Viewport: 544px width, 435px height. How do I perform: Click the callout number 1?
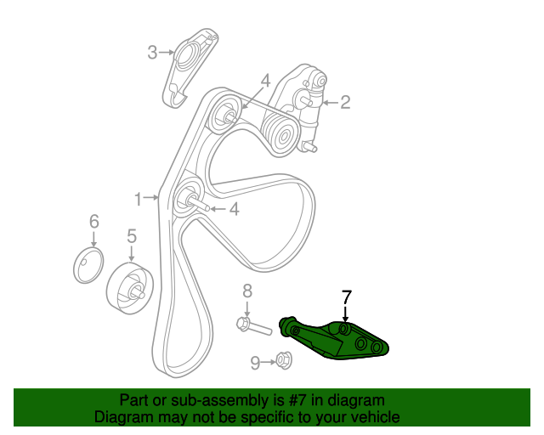(138, 199)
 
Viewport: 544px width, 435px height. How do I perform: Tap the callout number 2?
(344, 104)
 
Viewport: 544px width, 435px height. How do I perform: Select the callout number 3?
(153, 53)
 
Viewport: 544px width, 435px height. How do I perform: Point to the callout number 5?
(132, 236)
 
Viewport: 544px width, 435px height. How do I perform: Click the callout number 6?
(93, 223)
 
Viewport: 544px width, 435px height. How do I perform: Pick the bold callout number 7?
(346, 297)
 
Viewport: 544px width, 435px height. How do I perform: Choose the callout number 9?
(255, 363)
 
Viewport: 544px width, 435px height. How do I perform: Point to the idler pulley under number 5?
(130, 288)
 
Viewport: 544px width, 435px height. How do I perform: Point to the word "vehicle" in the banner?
(375, 417)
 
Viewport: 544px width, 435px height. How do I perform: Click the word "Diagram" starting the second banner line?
(124, 417)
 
